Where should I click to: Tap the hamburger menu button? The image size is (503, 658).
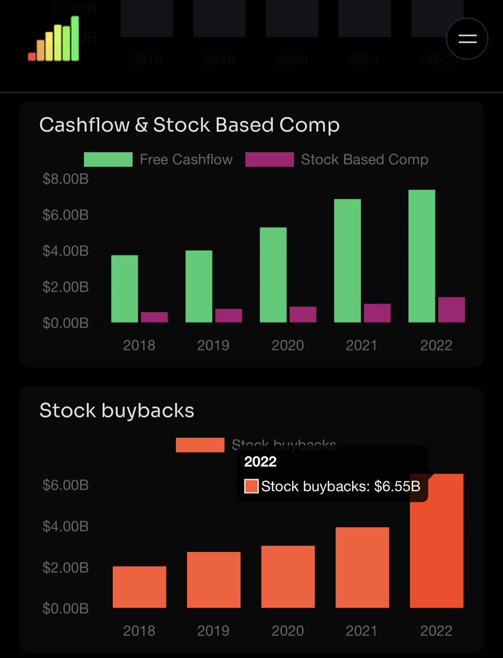click(467, 38)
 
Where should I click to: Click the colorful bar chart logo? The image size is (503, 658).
click(54, 39)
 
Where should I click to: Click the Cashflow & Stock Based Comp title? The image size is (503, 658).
click(189, 125)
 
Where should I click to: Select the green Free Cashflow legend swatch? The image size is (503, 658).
click(108, 160)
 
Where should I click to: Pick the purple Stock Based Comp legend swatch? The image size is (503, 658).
click(269, 160)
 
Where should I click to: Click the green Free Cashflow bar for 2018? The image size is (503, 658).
click(125, 289)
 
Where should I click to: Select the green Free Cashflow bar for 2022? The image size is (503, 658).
click(422, 256)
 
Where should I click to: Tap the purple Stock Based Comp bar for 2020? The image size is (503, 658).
click(303, 314)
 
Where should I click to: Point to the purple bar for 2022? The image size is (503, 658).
click(451, 310)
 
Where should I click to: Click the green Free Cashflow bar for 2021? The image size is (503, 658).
click(348, 260)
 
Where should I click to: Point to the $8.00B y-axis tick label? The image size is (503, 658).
click(65, 179)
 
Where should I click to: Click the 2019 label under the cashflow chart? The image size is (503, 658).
click(213, 345)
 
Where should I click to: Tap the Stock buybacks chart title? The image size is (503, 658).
click(117, 411)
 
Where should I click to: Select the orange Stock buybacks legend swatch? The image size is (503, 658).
click(200, 445)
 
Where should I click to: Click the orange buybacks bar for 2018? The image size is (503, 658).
click(139, 587)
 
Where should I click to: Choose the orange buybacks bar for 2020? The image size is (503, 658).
click(288, 577)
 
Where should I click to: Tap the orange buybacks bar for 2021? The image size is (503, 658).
click(363, 568)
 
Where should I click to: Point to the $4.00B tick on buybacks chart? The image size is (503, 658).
click(65, 526)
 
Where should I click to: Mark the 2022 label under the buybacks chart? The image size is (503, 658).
click(436, 631)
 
